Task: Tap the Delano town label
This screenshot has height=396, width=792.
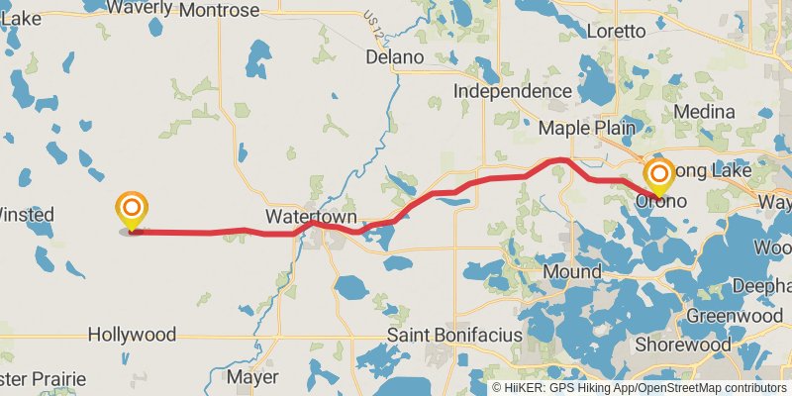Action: pos(394,57)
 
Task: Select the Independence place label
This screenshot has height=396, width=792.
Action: pos(513,91)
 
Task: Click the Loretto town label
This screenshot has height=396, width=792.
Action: pos(616,31)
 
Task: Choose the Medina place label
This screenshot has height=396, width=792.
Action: pos(704,112)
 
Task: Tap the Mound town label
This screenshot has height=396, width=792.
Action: pos(571,272)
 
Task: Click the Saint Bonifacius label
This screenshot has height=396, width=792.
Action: pos(454,336)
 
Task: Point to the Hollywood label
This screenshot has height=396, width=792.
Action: pos(132,335)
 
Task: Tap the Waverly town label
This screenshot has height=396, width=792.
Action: pos(139,8)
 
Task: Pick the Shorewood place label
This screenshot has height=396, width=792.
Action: pos(683,346)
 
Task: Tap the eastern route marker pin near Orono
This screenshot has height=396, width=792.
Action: pos(658,176)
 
